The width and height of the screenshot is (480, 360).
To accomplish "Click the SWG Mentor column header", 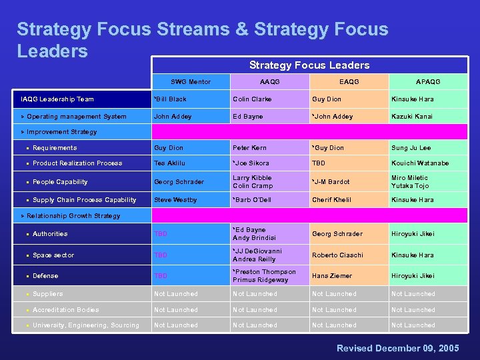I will coord(190,82).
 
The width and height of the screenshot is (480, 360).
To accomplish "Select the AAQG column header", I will coord(269,82).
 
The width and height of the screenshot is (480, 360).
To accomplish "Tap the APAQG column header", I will coord(428,82).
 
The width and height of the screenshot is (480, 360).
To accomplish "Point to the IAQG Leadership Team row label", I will coord(57,99).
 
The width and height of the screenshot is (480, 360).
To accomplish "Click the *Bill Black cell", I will coord(170,99).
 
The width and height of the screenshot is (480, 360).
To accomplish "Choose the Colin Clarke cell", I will coord(253,99).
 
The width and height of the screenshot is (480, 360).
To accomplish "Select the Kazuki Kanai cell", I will coord(412,117).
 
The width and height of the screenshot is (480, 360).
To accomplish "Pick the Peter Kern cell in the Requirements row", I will coord(249,148).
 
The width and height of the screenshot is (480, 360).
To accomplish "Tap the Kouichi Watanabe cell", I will coord(420,163).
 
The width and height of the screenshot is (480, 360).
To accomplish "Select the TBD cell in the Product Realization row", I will coord(319,163).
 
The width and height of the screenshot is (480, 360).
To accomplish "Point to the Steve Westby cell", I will coord(175,200).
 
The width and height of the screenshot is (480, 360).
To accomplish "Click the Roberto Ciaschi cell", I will coord(337,255).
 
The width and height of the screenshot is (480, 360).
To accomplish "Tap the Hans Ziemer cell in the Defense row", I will coord(331,276).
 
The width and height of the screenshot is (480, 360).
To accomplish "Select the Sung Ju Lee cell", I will coord(411,148).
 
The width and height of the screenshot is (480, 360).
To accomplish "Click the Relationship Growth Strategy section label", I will coord(73,216).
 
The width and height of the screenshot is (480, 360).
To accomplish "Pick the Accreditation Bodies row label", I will coord(65,310).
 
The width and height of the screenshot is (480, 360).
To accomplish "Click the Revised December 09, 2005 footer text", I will coord(397,349).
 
